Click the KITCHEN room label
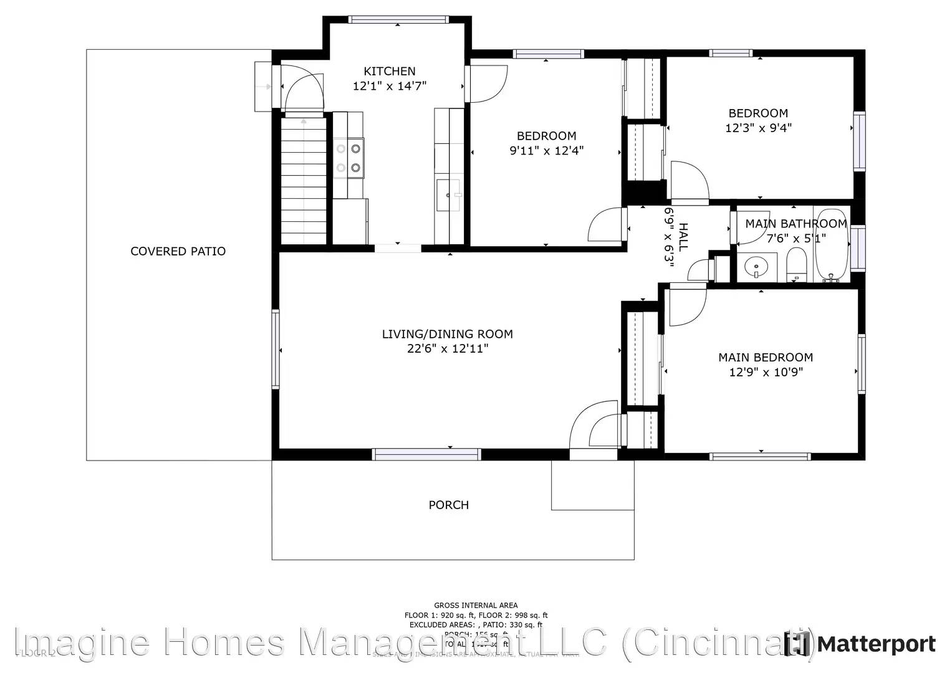coord(389,71)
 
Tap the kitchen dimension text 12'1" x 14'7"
coord(389,86)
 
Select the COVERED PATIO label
coord(178,251)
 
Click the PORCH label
coord(448,505)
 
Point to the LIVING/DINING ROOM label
coord(447,334)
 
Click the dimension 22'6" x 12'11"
coord(447,349)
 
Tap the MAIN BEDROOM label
coord(765,357)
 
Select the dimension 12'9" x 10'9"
coord(765,372)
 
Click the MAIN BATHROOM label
coord(796,223)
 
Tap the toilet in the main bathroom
coord(796,264)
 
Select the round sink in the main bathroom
coord(756,267)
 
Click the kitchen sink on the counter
coord(448,195)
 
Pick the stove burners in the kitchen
coord(348,158)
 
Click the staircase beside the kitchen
coord(304,181)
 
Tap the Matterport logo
coord(861,644)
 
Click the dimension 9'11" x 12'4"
coord(546,150)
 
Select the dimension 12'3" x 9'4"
coord(758,128)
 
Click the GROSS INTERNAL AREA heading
coord(475,605)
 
